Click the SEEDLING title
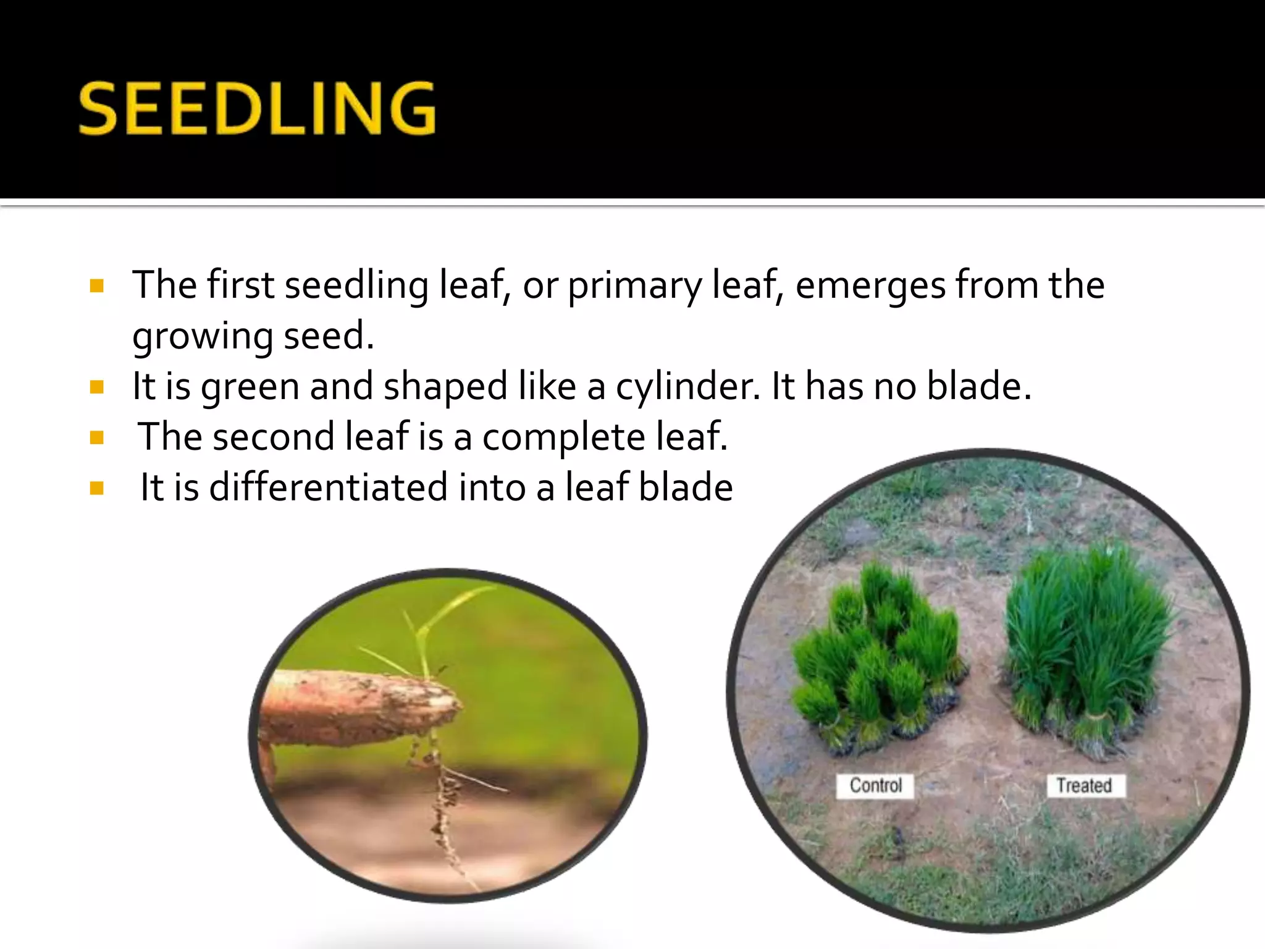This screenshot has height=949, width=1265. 257,109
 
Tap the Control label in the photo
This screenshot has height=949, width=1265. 875,785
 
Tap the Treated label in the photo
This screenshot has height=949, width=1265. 1084,785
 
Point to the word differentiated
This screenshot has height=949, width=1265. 328,487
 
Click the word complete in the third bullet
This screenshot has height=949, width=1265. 563,437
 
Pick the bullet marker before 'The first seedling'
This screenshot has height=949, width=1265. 97,286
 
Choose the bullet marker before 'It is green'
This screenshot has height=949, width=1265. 97,387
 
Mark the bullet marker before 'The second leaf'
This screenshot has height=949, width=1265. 97,438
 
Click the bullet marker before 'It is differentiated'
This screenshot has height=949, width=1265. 97,489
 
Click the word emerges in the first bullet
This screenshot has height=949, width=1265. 870,286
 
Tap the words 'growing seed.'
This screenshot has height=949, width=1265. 253,337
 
